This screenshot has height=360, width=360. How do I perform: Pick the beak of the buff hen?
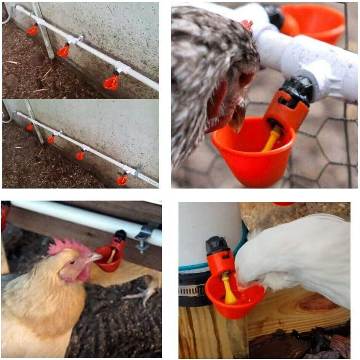point(95,258)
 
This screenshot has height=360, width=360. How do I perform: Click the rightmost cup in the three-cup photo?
point(111,82)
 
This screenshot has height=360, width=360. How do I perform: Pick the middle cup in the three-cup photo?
point(63,51)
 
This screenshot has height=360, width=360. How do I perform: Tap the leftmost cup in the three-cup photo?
point(33,30)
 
